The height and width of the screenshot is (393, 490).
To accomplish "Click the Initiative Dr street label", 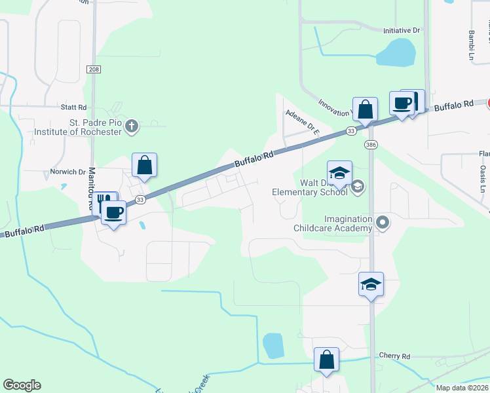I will pyautogui.click(x=401, y=31).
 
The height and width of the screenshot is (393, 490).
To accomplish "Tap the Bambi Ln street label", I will pyautogui.click(x=470, y=45).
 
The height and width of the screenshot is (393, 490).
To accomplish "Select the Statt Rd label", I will pyautogui.click(x=73, y=107).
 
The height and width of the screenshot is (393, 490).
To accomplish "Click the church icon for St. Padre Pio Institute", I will pyautogui.click(x=132, y=125).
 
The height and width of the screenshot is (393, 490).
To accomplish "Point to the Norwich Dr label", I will pyautogui.click(x=68, y=172).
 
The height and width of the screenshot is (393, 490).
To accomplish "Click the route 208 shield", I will pyautogui.click(x=93, y=68).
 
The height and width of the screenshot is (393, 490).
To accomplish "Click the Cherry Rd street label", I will pyautogui.click(x=394, y=356).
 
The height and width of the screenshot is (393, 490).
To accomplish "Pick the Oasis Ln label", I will pyautogui.click(x=485, y=173).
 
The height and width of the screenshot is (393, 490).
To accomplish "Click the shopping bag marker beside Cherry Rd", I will pyautogui.click(x=326, y=360).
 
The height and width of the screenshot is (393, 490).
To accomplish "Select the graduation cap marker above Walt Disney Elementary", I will pyautogui.click(x=339, y=173).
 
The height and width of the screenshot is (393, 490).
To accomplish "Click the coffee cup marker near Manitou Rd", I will pyautogui.click(x=114, y=213).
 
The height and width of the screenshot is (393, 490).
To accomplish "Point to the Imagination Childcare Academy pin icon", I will pyautogui.click(x=383, y=224).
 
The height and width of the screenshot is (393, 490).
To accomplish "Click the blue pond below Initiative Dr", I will pyautogui.click(x=394, y=52).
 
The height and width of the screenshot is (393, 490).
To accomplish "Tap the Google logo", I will pyautogui.click(x=22, y=385).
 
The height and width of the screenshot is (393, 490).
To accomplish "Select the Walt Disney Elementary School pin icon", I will pyautogui.click(x=358, y=187).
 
